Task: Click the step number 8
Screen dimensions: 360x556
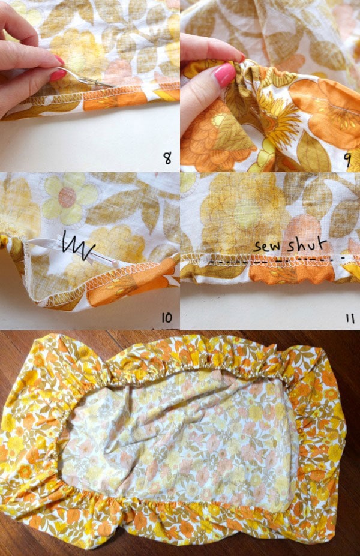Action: coord(167,158)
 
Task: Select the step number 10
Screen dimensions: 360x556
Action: coord(166,318)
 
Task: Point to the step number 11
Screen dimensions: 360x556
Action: coord(349,318)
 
